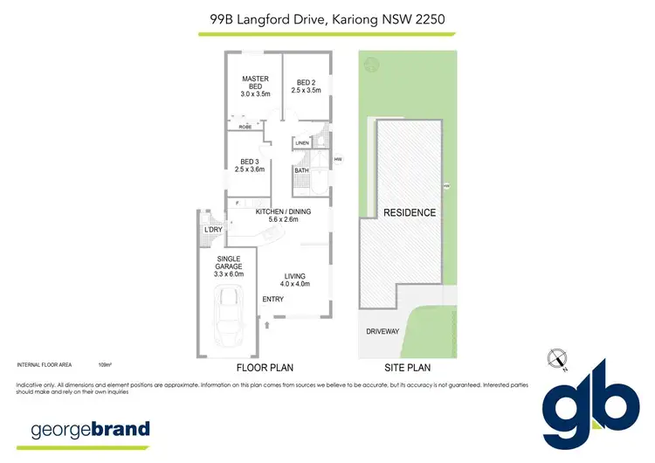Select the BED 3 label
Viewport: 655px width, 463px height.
point(250,165)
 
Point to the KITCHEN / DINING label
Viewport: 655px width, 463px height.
point(283,216)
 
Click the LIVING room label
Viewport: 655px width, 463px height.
point(294,280)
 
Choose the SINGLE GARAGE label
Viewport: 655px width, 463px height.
point(229,265)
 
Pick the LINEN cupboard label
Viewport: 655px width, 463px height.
point(302,142)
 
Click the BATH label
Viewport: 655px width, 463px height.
point(301,169)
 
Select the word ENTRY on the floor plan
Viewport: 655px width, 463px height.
point(273,299)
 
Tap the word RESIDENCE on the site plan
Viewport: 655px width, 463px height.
point(409,213)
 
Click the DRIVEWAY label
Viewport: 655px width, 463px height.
point(383,331)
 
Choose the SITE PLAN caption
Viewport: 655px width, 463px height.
point(407,369)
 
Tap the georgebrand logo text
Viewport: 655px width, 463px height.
point(91,430)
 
